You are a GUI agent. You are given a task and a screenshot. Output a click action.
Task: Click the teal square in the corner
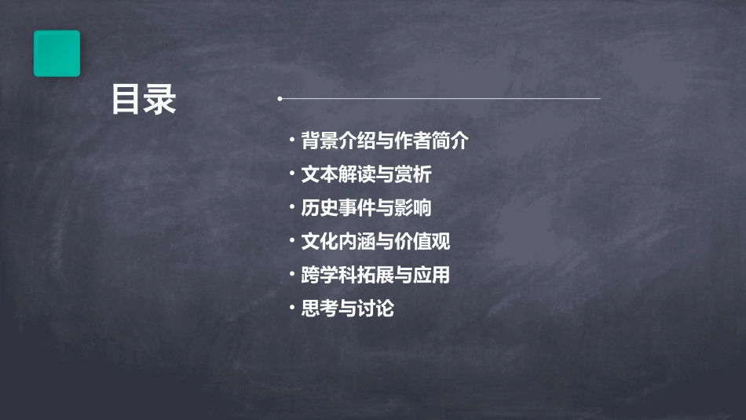(57, 53)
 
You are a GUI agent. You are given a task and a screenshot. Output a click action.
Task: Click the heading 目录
(144, 100)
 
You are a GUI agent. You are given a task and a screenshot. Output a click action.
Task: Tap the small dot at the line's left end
(280, 99)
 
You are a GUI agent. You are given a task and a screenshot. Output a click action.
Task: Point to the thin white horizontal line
(440, 99)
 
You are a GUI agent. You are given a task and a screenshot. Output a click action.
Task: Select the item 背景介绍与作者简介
(384, 141)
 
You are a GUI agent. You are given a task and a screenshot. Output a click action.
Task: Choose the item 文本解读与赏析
(366, 174)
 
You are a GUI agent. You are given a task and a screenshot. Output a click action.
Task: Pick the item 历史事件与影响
(366, 208)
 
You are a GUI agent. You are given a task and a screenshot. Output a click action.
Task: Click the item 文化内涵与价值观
(375, 242)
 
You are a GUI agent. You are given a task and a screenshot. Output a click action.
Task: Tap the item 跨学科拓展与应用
(375, 276)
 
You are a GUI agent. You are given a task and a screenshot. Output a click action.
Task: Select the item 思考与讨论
(347, 309)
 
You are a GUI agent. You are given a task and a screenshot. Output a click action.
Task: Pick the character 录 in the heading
(160, 100)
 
